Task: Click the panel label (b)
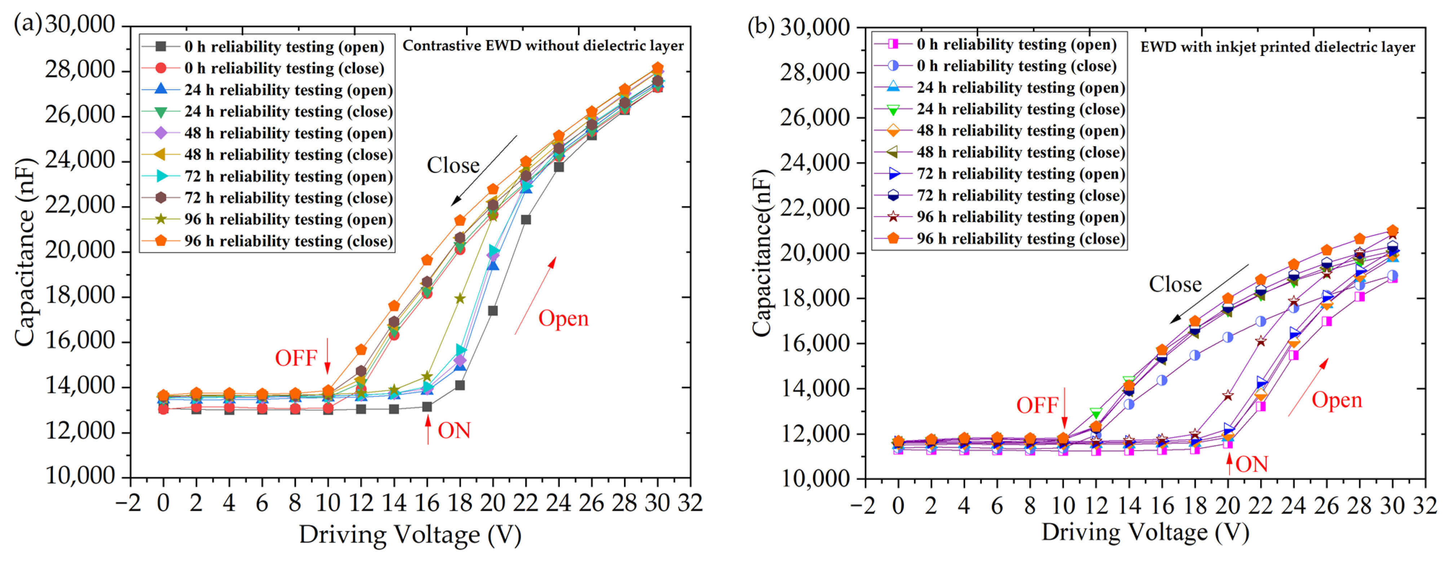(761, 26)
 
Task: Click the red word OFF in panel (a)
(296, 358)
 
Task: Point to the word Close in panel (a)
(453, 165)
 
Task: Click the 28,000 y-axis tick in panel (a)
(80, 70)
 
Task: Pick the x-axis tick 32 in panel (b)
(1425, 506)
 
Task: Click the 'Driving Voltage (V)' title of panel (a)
(410, 535)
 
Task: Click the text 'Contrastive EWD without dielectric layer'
(543, 45)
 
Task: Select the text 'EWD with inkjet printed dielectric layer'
(1277, 47)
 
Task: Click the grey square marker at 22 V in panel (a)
(526, 219)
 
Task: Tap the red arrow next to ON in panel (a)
(428, 430)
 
